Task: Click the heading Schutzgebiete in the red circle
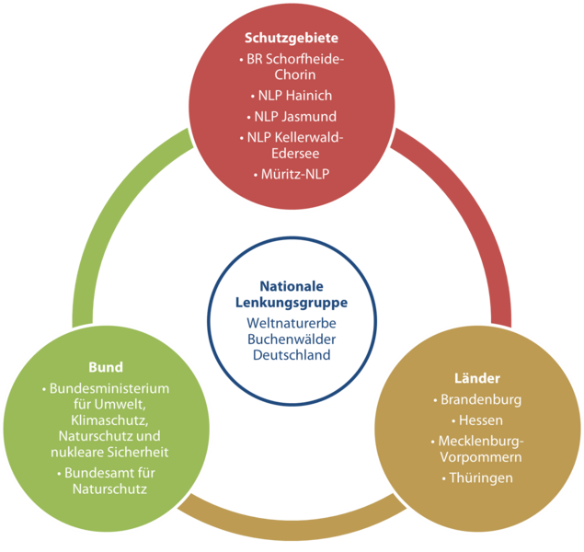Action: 292,39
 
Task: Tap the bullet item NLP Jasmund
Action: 294,117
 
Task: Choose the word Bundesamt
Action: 92,473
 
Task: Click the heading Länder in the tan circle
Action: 476,378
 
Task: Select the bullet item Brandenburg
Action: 480,400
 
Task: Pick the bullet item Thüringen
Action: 480,477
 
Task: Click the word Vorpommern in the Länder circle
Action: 480,457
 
